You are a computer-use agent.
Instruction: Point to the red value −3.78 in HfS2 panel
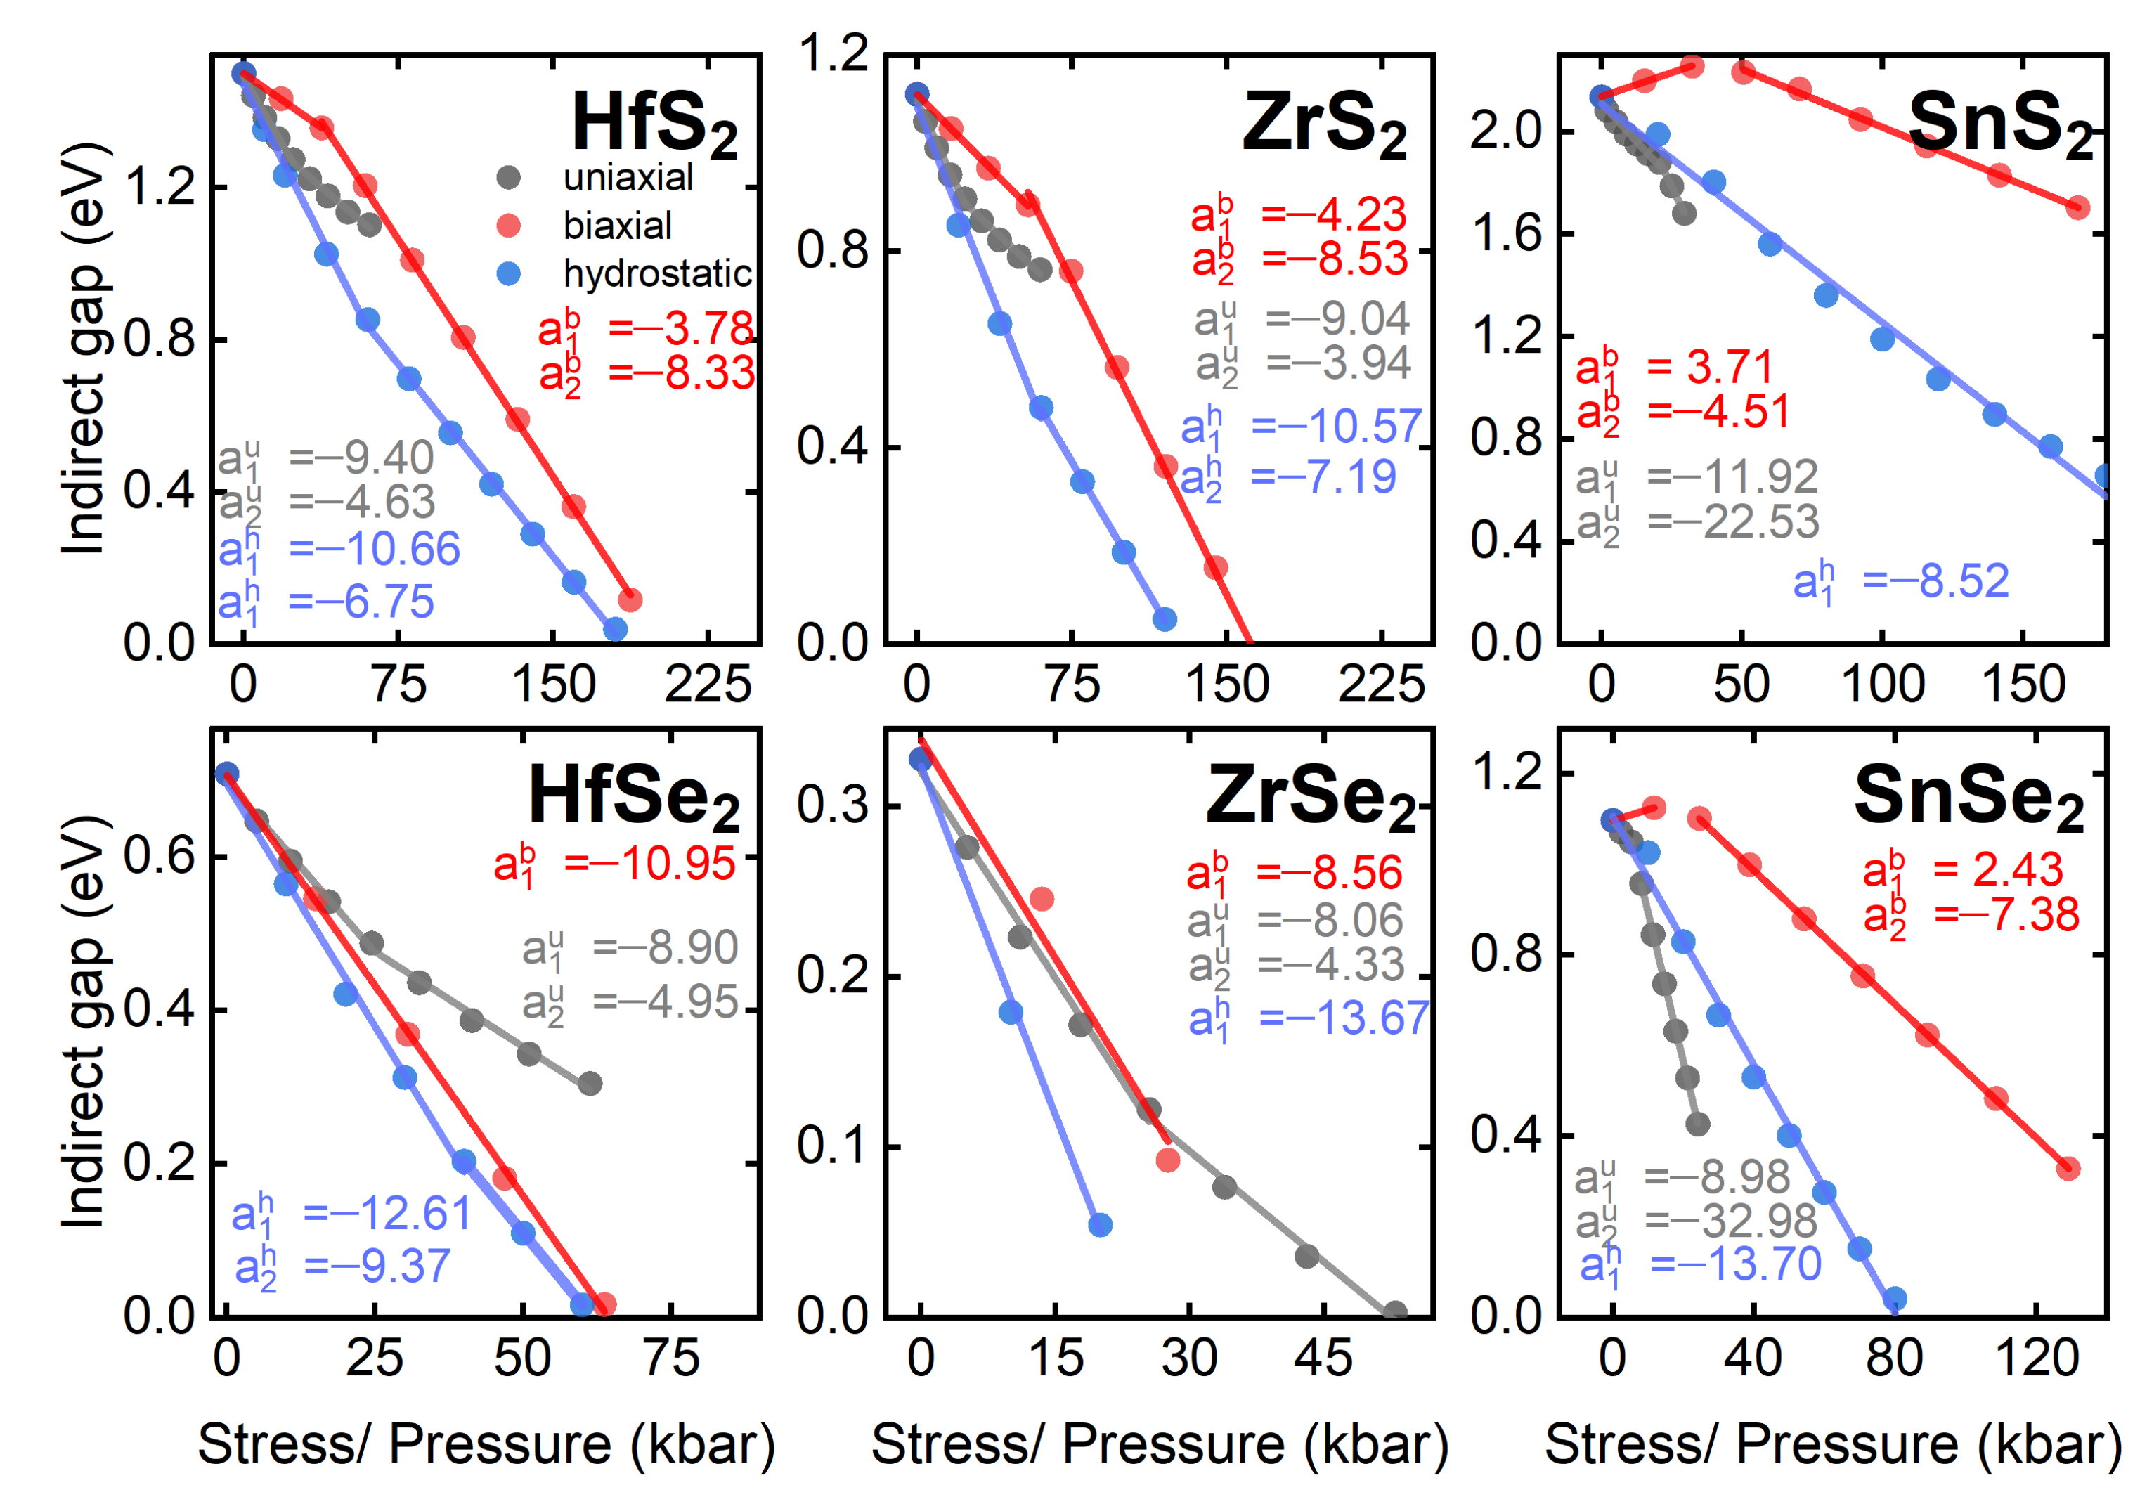681,328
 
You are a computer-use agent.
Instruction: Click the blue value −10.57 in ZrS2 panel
1337,427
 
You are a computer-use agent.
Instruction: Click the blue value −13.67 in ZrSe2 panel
1344,1018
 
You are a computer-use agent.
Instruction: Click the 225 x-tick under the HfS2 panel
708,685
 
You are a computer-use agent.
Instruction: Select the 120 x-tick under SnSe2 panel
2036,1358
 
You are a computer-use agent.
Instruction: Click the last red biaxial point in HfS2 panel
630,599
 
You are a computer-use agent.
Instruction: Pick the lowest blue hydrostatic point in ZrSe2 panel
1101,1224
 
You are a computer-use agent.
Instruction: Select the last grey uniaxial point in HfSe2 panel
589,1084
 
